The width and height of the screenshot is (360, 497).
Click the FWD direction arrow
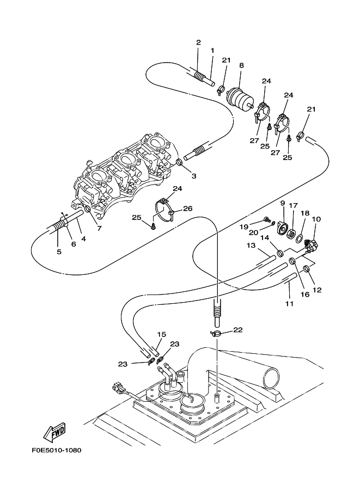pos(54,432)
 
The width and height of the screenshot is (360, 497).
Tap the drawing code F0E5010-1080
pos(57,450)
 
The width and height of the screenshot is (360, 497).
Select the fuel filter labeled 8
pos(240,97)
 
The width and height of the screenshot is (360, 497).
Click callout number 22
pos(238,330)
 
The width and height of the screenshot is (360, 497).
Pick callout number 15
pos(162,334)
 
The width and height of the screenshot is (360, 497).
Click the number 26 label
pos(188,208)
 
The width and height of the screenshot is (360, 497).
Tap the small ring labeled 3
pos(179,163)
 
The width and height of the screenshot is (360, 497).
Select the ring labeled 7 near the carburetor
pos(88,209)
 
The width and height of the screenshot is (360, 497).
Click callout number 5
pos(59,251)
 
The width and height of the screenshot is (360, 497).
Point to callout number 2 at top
pos(199,42)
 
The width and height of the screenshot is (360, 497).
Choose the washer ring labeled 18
pos(299,238)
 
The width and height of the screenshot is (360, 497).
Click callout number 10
pos(316,219)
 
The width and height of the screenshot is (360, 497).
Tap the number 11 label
pos(289,304)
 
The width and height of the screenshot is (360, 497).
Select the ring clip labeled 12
pos(306,269)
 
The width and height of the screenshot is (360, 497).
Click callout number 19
pos(243,226)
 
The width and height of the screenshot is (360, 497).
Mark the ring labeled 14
pos(280,253)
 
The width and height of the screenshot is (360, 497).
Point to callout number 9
pos(282,203)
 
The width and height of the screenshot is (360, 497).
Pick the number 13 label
pos(251,246)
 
